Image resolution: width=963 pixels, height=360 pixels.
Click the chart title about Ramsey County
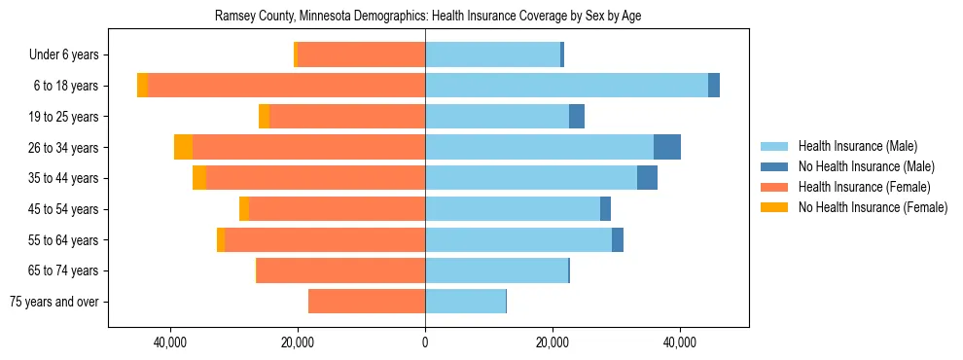427,16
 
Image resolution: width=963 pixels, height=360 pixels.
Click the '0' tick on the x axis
425,342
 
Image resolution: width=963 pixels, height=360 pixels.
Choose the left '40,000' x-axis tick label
170,342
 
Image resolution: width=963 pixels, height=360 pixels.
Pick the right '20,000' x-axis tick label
553,342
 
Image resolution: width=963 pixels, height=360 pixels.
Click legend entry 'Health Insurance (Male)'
857,147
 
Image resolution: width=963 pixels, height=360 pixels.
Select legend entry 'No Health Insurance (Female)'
873,207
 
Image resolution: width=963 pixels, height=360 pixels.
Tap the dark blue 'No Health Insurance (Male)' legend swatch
774,167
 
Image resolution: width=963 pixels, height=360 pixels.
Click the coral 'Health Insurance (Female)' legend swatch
774,187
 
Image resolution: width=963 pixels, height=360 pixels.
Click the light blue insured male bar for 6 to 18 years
566,86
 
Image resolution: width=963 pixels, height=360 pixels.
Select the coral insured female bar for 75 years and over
367,302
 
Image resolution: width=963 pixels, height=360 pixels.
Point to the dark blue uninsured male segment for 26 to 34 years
667,147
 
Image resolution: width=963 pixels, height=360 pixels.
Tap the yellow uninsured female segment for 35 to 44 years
199,178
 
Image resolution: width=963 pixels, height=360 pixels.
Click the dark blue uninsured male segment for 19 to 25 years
577,117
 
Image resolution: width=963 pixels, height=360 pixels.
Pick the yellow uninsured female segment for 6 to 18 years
142,86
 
